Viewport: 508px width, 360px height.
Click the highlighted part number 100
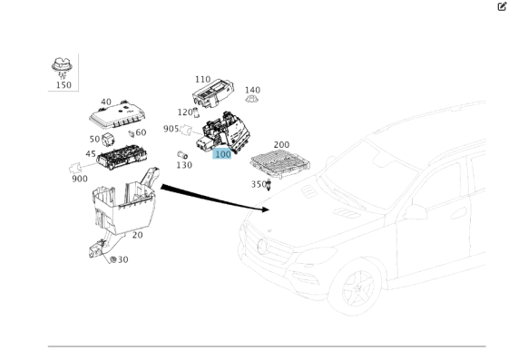pyautogui.click(x=222, y=154)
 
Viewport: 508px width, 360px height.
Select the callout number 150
pyautogui.click(x=63, y=85)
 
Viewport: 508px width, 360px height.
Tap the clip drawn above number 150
pyautogui.click(x=63, y=65)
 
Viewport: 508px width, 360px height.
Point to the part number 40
pyautogui.click(x=106, y=102)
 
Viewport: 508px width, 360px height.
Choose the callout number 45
pyautogui.click(x=91, y=154)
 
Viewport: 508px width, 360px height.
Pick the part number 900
pyautogui.click(x=79, y=179)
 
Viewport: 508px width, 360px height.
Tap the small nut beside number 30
pyautogui.click(x=112, y=259)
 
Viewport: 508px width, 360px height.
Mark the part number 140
pyautogui.click(x=252, y=91)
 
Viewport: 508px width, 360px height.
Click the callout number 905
pyautogui.click(x=171, y=129)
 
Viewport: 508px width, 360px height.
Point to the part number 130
pyautogui.click(x=183, y=165)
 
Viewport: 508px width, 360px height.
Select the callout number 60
pyautogui.click(x=141, y=133)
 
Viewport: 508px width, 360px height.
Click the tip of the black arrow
pyautogui.click(x=269, y=209)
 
